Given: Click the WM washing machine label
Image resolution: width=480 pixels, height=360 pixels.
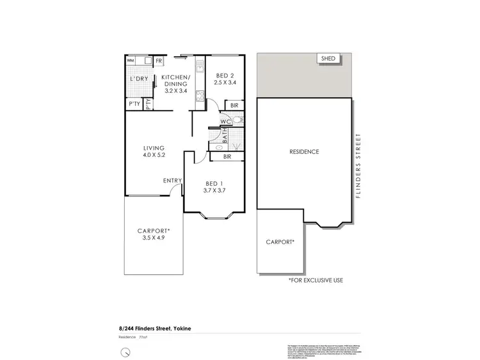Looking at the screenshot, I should [131, 60].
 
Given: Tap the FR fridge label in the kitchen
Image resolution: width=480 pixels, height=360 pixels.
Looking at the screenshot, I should [158, 61].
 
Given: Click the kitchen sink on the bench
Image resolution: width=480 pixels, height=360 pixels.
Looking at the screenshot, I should [199, 65].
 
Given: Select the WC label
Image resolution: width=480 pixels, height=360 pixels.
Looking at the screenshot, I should [225, 120].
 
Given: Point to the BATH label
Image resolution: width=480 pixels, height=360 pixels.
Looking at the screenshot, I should [225, 136].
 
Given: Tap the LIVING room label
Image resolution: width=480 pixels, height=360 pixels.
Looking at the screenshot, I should [154, 147].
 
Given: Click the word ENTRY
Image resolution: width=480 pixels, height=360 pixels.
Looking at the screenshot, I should [172, 181].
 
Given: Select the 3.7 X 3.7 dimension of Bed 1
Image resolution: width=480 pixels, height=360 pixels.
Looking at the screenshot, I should [215, 190].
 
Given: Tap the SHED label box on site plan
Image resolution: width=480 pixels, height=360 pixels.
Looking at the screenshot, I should [330, 59].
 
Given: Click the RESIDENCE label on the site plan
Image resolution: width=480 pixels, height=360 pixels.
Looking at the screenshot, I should [304, 152].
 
